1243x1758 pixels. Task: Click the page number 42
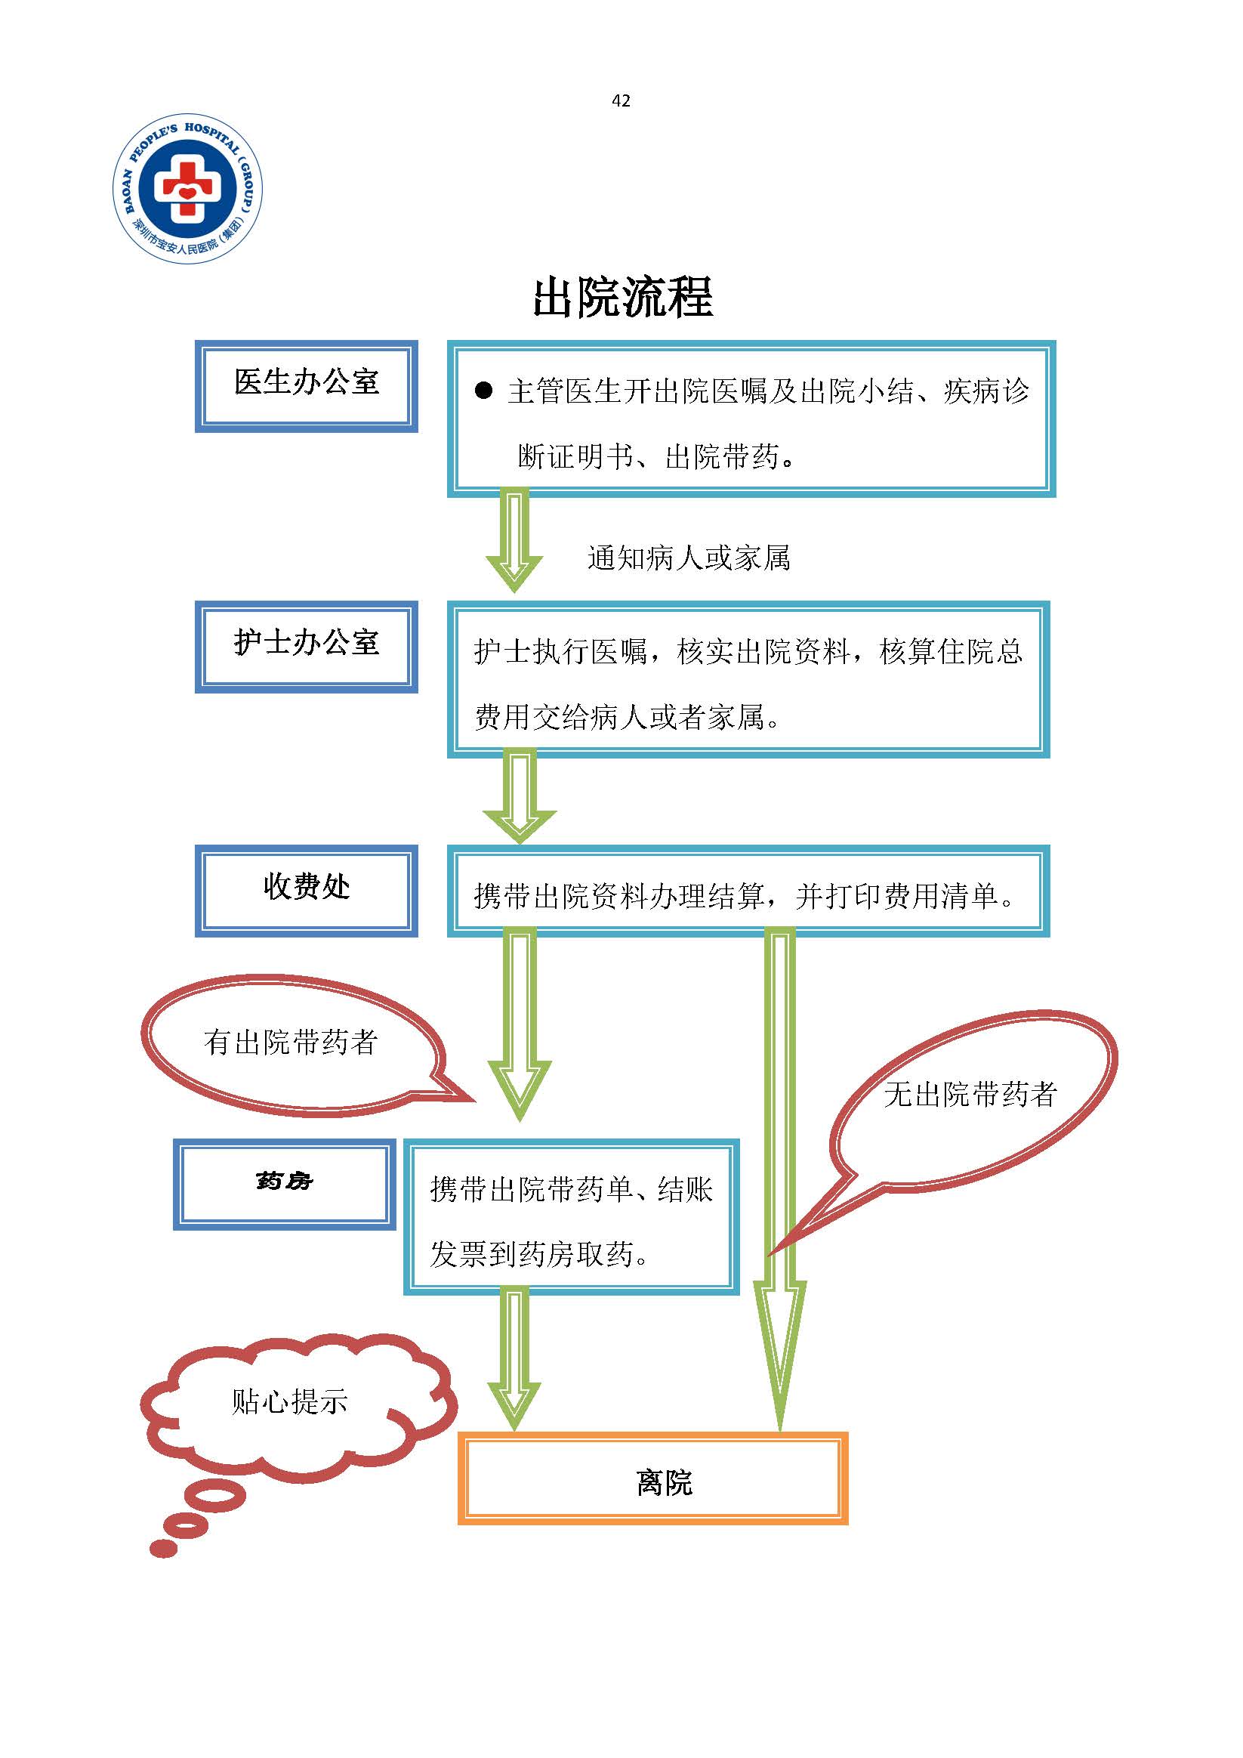(x=621, y=100)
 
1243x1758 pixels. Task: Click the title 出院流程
(x=622, y=297)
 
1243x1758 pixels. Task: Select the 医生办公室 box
(x=306, y=385)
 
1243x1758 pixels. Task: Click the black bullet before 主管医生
(x=483, y=392)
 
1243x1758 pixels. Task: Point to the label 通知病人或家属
(x=688, y=558)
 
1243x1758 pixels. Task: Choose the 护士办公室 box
(x=306, y=646)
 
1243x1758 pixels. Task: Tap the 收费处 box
(x=306, y=890)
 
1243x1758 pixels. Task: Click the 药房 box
(x=284, y=1183)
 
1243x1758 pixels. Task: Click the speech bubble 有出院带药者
(x=291, y=1043)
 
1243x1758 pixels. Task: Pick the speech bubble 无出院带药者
(x=970, y=1095)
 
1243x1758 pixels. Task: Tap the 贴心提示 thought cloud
(x=291, y=1403)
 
